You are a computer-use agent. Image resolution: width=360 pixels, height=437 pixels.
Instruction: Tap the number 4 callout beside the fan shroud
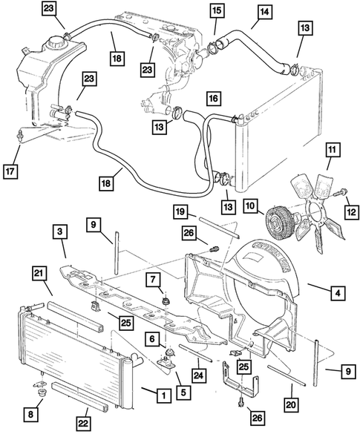[x=337, y=294]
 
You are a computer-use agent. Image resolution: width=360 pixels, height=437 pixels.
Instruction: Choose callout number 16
[x=213, y=97]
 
